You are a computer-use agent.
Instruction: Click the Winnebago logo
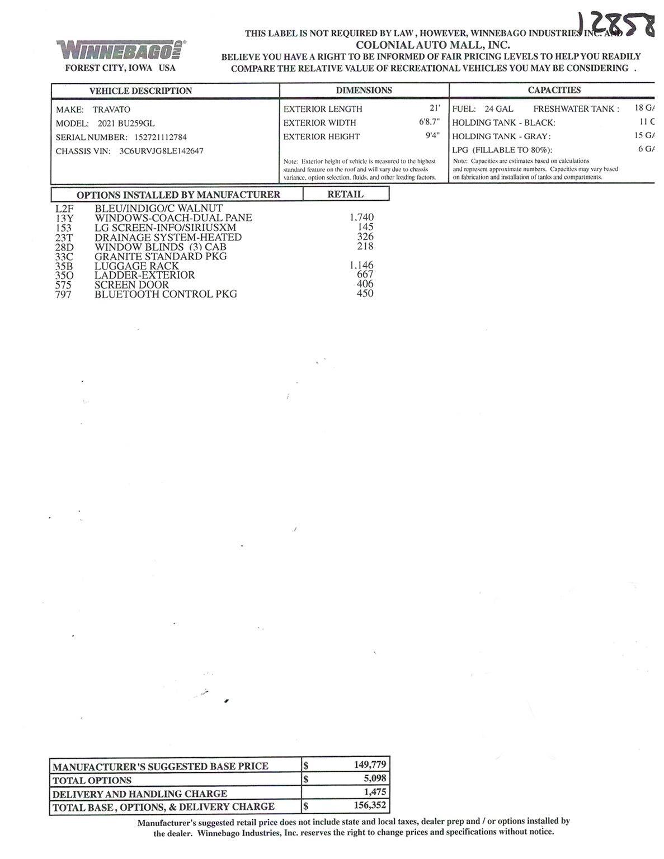(x=121, y=50)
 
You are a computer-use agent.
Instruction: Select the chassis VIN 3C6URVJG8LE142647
(x=161, y=151)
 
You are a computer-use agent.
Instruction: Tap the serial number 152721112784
(x=160, y=137)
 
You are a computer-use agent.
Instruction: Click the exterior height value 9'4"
(x=432, y=136)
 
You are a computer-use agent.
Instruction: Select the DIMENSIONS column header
(x=364, y=91)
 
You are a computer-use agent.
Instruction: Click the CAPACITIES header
(x=554, y=90)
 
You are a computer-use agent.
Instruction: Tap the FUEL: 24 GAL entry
(x=482, y=109)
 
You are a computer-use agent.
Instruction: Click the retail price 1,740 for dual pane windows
(x=361, y=217)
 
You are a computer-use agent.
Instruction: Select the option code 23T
(x=64, y=237)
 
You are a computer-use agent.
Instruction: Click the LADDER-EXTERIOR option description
(x=144, y=275)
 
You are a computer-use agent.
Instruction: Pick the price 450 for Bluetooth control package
(x=365, y=294)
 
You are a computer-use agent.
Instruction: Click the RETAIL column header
(x=345, y=194)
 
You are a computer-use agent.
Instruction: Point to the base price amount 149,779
(x=370, y=764)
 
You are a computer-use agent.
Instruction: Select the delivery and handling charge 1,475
(x=375, y=792)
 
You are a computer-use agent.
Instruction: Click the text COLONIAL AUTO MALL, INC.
(x=432, y=45)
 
